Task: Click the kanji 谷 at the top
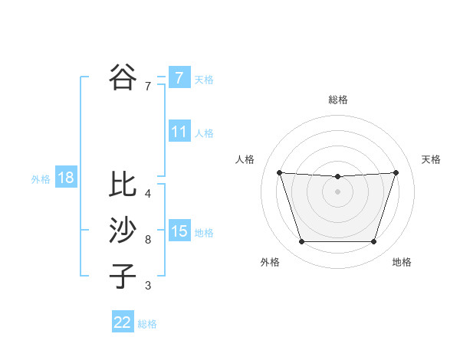pos(123,77)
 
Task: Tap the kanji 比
pos(123,184)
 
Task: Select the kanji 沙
pos(123,230)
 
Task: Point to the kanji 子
pos(123,276)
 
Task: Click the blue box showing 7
pos(179,77)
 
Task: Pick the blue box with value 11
pos(179,132)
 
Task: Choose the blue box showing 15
pos(179,231)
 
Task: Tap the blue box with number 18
pos(66,178)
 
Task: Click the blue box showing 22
pos(123,322)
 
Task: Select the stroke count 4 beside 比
pos(148,194)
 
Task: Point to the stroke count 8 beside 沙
pos(148,240)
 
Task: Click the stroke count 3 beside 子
pos(148,286)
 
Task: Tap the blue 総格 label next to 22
pos(148,324)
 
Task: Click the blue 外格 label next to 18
pos(41,179)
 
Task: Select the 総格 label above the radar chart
pos(337,100)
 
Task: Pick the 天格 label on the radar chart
pos(431,159)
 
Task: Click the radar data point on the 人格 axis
pos(279,172)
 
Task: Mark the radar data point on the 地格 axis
pos(373,242)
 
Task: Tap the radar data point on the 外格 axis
pos(301,242)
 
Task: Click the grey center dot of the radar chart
pos(337,191)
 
